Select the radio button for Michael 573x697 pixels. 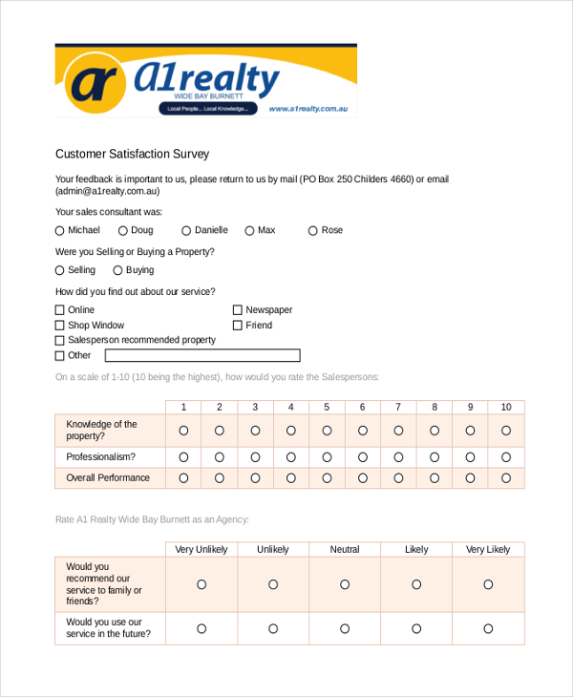click(60, 230)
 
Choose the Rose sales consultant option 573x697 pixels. click(313, 230)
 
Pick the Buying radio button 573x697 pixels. click(117, 270)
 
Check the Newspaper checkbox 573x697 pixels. click(238, 310)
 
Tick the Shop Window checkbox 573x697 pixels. click(60, 326)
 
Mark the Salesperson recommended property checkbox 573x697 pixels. click(60, 340)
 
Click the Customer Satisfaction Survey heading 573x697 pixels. click(132, 154)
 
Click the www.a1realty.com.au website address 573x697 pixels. click(312, 109)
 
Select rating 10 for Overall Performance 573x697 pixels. click(506, 478)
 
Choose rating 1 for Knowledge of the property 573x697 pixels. click(183, 431)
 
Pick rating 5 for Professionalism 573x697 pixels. click(327, 457)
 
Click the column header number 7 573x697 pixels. click(398, 407)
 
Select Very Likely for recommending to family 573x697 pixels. click(488, 584)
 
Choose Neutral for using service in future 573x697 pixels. click(345, 628)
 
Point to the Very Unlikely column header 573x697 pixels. click(202, 550)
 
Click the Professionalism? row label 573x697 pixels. click(100, 457)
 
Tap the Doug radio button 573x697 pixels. click(123, 230)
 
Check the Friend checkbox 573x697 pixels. click(238, 326)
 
